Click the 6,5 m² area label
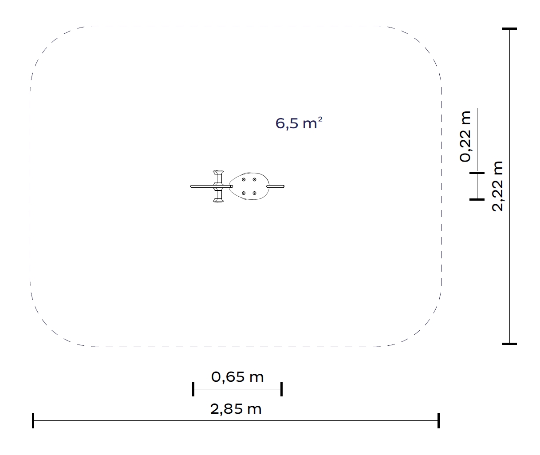point(299,123)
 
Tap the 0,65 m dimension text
point(237,377)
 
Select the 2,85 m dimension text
point(236,409)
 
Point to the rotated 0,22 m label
point(465,137)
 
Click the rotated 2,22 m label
point(497,186)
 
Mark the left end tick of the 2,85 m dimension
point(33,420)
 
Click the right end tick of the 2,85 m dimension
point(439,420)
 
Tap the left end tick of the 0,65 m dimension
point(193,389)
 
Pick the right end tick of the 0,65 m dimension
point(282,389)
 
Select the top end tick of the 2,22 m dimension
point(509,29)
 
